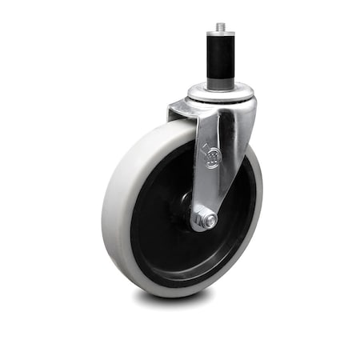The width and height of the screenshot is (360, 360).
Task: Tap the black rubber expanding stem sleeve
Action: (220, 61)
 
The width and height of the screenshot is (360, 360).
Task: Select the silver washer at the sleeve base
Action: (220, 89)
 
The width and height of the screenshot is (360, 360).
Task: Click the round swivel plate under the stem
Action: (220, 98)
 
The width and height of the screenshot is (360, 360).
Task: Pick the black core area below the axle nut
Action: (200, 256)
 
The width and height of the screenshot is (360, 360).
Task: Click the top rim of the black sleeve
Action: (220, 37)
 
